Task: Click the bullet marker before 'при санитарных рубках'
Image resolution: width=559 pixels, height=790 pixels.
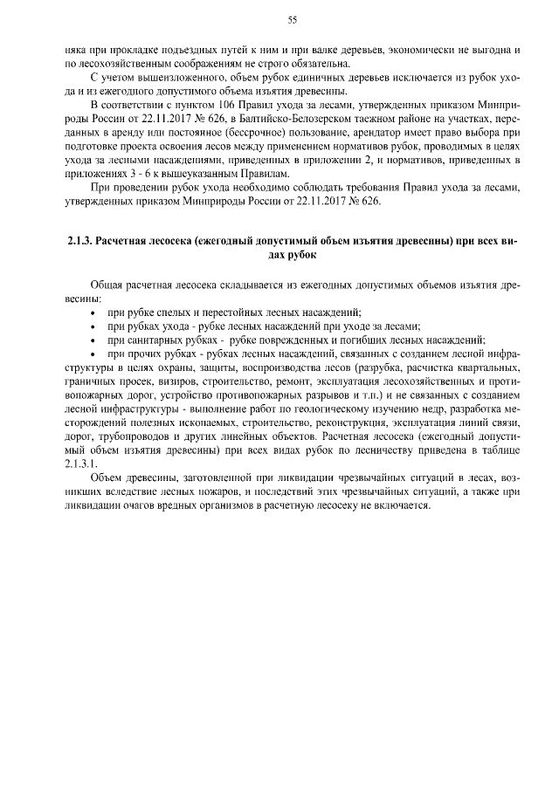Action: [x=94, y=340]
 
